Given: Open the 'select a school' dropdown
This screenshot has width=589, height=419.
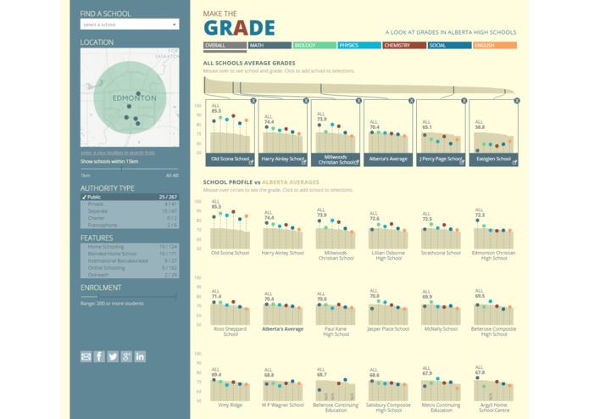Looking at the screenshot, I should tap(130, 25).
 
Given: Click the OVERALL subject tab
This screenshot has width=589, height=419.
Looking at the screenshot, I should tap(225, 46).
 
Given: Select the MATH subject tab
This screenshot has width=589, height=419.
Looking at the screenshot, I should tap(269, 46).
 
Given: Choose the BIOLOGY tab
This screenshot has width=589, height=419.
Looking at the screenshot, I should tap(314, 46).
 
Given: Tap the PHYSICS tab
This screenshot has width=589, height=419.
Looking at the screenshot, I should tap(358, 46).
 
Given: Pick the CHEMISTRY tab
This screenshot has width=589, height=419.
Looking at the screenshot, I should tap(403, 46).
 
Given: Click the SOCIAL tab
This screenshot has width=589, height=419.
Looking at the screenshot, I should tap(448, 46).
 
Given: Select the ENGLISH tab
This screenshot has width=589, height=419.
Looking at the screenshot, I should tap(494, 46).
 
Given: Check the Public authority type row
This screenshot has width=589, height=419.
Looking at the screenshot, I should tap(130, 197).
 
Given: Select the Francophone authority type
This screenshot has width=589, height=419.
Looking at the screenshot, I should tap(130, 225).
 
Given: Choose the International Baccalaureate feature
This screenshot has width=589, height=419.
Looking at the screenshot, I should tap(130, 260).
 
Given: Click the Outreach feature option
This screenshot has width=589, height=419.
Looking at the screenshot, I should tap(130, 275).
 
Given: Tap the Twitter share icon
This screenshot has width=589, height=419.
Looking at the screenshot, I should tap(113, 357).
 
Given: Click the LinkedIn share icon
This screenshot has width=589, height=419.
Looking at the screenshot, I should tap(140, 357).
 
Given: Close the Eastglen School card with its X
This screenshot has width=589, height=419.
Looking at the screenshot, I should tap(516, 101).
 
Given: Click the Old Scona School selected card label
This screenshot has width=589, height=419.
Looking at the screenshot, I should tap(230, 159).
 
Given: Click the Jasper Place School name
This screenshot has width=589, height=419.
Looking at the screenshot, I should tap(388, 329).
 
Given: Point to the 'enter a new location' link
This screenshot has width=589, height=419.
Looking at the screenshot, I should tap(117, 153).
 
